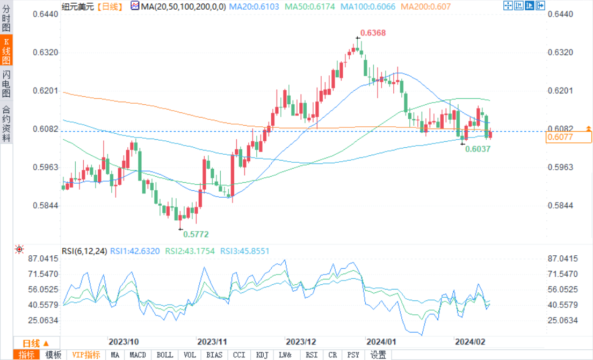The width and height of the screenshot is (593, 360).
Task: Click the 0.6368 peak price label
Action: (373, 33)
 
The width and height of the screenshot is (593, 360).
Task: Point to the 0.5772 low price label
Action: (196, 234)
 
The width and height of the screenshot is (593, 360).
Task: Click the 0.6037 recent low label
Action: (478, 149)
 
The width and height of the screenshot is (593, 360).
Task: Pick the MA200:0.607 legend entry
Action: (426, 6)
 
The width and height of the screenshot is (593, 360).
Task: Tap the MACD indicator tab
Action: (138, 355)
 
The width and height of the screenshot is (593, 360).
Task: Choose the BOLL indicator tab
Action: (164, 355)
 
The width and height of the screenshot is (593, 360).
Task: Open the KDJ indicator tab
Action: (262, 355)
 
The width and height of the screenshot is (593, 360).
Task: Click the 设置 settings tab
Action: (378, 355)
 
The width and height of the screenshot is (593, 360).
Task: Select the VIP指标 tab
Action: (86, 355)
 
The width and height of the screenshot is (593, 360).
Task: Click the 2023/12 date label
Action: (301, 342)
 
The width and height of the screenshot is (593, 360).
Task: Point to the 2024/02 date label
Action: (470, 342)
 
